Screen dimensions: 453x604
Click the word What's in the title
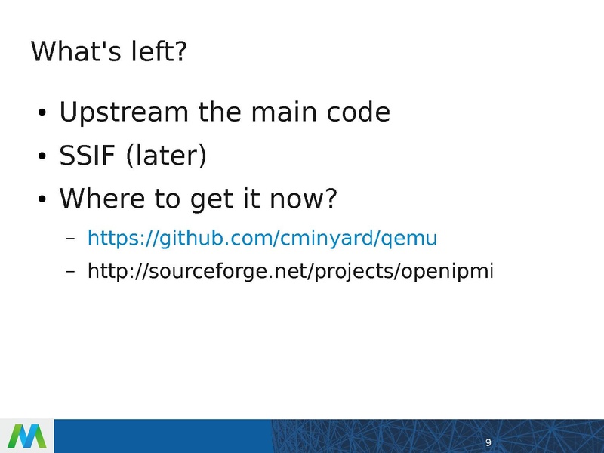[x=72, y=52]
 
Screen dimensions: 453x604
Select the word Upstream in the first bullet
[x=124, y=113]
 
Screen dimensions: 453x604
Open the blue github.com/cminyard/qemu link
[x=262, y=239]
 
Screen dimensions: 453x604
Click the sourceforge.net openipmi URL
[x=291, y=271]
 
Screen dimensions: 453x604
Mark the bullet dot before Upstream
[x=42, y=115]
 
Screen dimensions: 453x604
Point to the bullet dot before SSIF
[x=42, y=159]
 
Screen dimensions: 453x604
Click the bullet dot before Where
[x=42, y=202]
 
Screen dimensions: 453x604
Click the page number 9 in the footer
[x=488, y=442]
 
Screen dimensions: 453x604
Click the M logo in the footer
[x=26, y=436]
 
